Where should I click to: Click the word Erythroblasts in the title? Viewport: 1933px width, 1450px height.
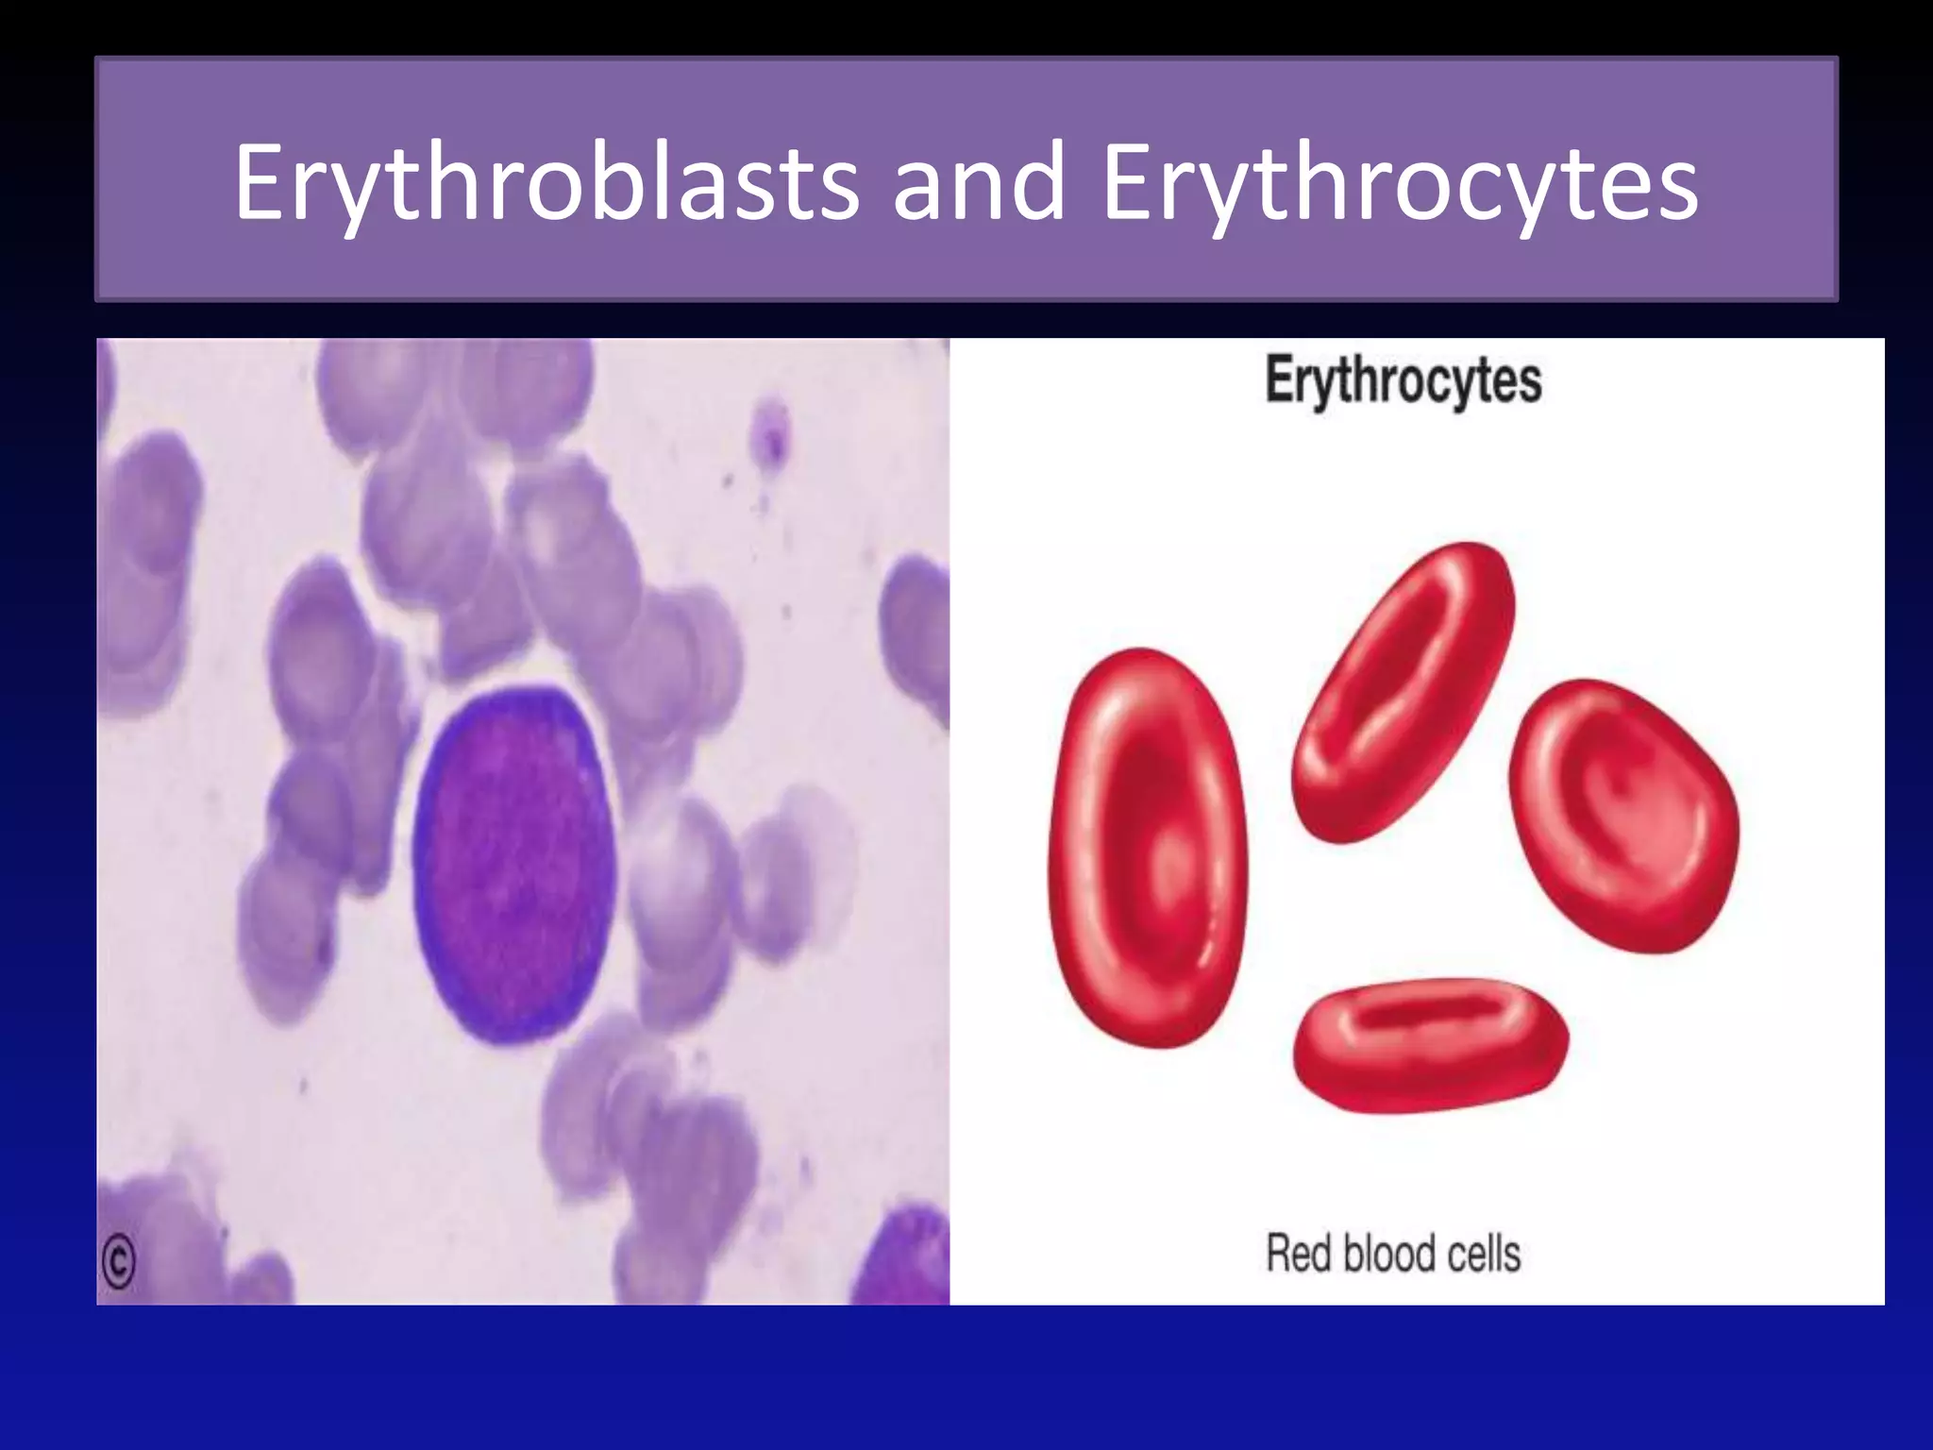pos(546,182)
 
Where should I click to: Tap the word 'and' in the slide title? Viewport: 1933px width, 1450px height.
pos(979,182)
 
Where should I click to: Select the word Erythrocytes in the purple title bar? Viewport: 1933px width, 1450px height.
pos(1400,182)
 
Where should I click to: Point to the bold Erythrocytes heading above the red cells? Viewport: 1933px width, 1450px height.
pos(1404,381)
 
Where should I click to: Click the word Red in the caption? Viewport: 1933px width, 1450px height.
pos(1299,1254)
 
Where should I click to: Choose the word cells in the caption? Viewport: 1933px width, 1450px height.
pos(1484,1254)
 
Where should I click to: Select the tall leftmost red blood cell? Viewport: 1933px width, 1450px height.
pos(1148,847)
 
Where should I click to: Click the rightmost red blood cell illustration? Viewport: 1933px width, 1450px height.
pos(1623,816)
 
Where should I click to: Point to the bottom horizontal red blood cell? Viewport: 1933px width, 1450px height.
pos(1430,1045)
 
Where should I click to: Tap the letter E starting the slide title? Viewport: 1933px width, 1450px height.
pos(260,182)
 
